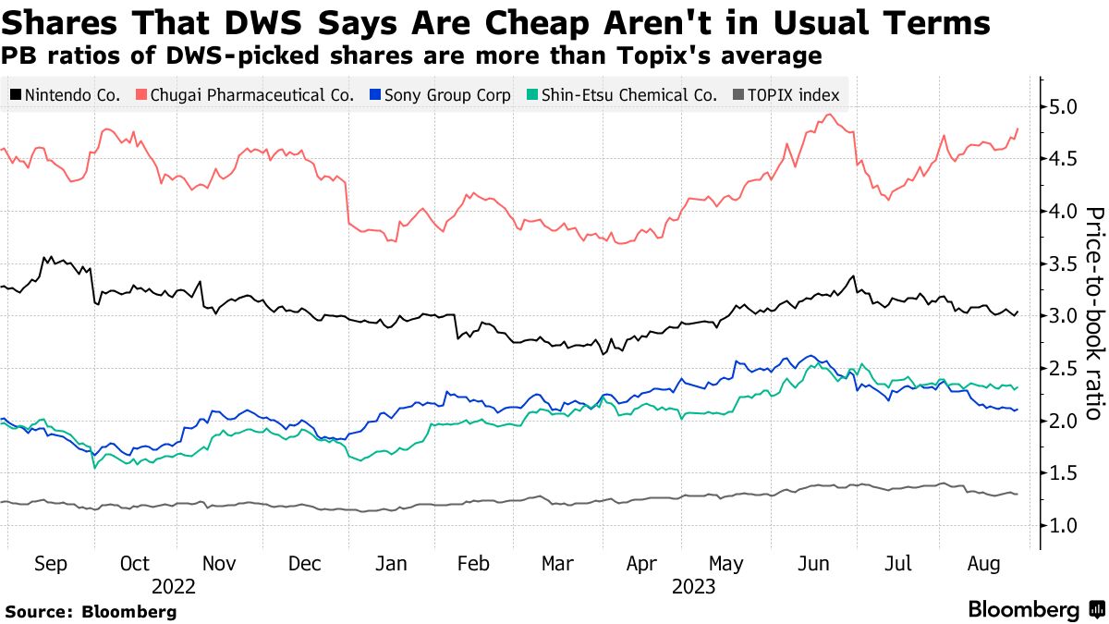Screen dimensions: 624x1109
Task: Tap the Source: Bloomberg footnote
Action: click(91, 611)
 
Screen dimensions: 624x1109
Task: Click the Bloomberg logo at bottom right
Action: click(1035, 610)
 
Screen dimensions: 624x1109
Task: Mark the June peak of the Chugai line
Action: click(830, 115)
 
